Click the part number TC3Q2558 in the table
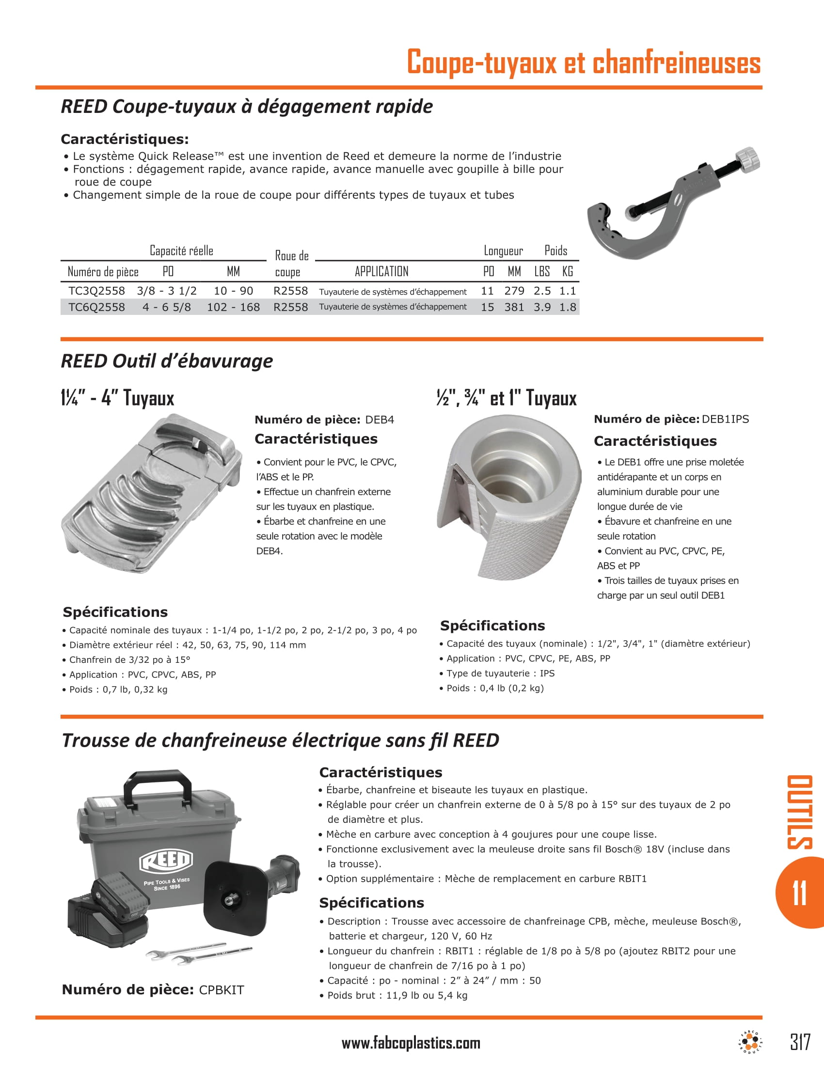96,291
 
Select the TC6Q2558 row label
96,307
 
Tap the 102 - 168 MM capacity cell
233,307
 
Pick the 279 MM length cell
514,291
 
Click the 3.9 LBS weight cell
542,307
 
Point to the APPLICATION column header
381,271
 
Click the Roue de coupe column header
291,264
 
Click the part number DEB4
380,420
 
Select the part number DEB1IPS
725,419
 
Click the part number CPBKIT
221,990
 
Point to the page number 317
800,1042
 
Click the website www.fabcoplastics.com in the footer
411,1044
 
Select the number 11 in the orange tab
799,893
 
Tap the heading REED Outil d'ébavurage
166,361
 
